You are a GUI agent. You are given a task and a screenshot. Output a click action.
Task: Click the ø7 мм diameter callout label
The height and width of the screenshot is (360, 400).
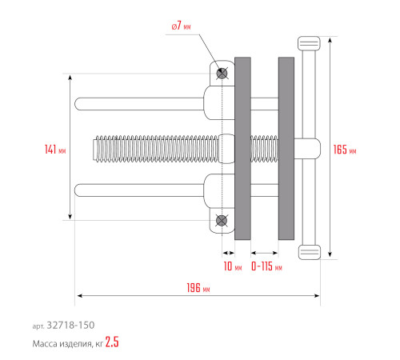point(182,26)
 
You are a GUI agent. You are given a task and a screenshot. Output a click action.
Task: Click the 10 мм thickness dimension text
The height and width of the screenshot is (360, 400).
point(231,266)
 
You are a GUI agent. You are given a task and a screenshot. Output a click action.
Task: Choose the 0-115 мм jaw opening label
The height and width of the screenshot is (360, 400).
point(266,266)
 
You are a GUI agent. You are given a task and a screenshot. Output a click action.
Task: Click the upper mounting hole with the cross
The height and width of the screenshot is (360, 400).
point(222,74)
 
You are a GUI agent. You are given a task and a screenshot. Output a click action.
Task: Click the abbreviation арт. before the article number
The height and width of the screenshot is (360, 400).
point(38,326)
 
